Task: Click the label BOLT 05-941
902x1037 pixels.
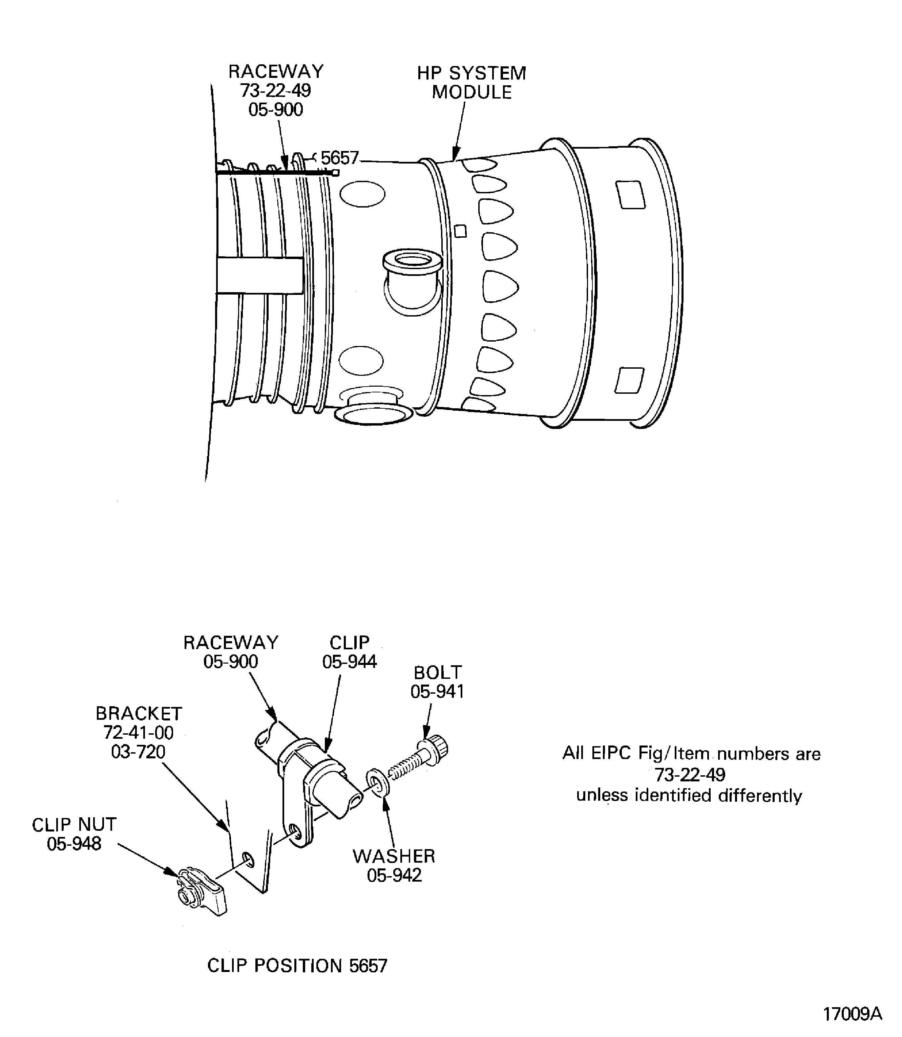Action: (x=437, y=682)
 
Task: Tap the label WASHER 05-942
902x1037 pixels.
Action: (x=394, y=865)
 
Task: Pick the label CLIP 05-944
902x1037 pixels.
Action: (x=349, y=652)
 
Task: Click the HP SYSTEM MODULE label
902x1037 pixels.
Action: (x=471, y=83)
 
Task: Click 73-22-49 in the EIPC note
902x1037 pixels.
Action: (x=690, y=774)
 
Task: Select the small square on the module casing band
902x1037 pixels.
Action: (x=460, y=231)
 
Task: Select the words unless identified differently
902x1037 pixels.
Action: (x=689, y=796)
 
